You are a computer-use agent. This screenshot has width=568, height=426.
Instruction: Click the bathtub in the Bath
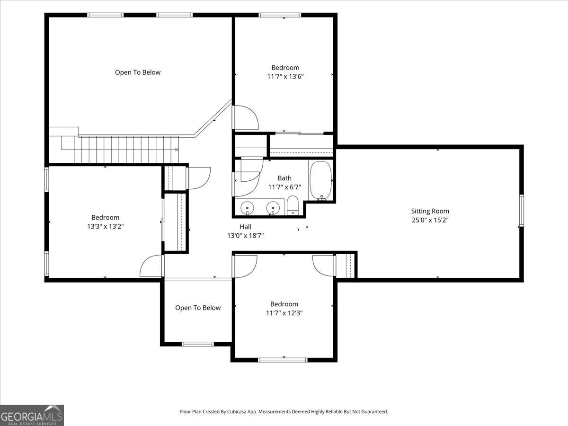[x=320, y=181]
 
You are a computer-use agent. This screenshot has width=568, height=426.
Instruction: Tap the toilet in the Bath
[x=293, y=205]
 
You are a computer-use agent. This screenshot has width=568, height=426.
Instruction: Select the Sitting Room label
[x=430, y=211]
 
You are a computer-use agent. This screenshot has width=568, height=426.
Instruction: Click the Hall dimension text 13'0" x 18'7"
[x=245, y=236]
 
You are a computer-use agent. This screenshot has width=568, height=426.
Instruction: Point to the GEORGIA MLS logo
[x=32, y=416]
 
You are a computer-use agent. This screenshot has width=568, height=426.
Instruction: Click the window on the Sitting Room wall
[x=522, y=211]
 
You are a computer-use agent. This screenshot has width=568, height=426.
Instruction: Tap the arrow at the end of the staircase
[x=177, y=150]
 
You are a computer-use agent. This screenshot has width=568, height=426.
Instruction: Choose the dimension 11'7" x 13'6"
[x=285, y=77]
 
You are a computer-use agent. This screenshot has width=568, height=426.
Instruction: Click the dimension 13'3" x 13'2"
[x=106, y=227]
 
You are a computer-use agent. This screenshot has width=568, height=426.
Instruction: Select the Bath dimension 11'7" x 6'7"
[x=284, y=187]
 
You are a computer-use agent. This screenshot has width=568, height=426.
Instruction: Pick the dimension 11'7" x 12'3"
[x=284, y=313]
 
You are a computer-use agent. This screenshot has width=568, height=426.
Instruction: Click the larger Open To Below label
[x=138, y=72]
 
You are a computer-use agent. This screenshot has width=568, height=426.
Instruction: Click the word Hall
[x=245, y=227]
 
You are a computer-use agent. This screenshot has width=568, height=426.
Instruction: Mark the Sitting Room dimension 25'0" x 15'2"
[x=430, y=220]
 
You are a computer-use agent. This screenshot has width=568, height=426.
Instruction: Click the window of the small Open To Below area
[x=198, y=344]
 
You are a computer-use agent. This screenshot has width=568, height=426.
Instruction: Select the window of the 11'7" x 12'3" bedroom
[x=283, y=360]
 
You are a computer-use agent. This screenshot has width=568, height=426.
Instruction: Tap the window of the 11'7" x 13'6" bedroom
[x=280, y=15]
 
